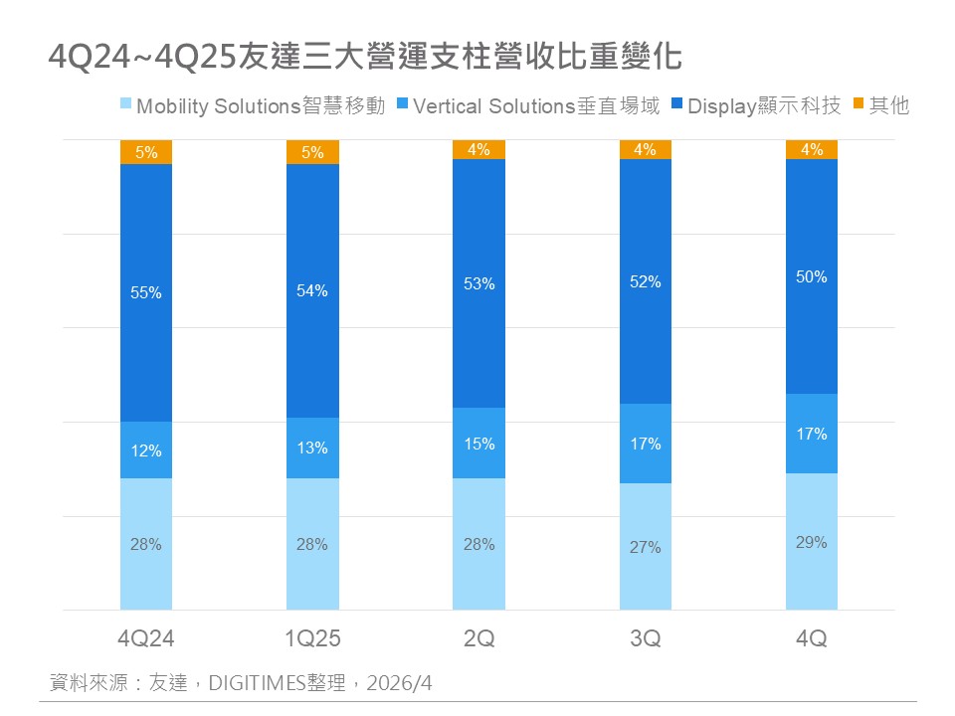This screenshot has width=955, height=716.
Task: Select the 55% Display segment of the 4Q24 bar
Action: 146,318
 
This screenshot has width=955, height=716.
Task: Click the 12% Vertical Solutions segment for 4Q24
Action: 146,450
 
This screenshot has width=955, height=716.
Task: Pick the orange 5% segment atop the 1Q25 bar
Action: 312,152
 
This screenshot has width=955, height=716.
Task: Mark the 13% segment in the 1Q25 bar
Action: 312,447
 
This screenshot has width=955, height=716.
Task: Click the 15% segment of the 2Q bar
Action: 478,444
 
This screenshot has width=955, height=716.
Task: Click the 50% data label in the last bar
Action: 812,277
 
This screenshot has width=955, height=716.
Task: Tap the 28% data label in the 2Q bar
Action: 478,544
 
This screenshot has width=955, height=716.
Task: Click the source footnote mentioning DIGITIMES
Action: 242,683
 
